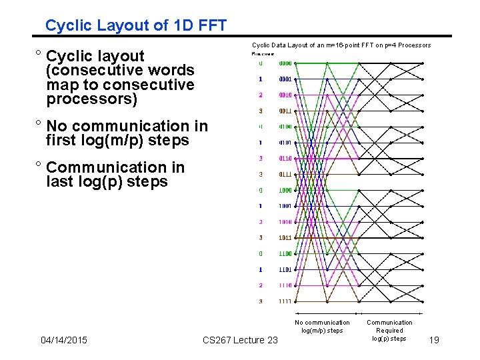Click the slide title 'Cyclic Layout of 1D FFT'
[135, 26]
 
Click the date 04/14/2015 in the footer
[64, 341]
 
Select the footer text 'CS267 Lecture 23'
[240, 341]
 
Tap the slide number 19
[434, 341]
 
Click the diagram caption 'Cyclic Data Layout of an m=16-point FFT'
[341, 45]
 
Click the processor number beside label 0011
[261, 111]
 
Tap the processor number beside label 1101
[261, 270]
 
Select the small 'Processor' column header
[263, 53]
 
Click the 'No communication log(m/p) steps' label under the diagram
[322, 326]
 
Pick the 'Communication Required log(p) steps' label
[389, 330]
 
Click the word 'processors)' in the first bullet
[91, 100]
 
